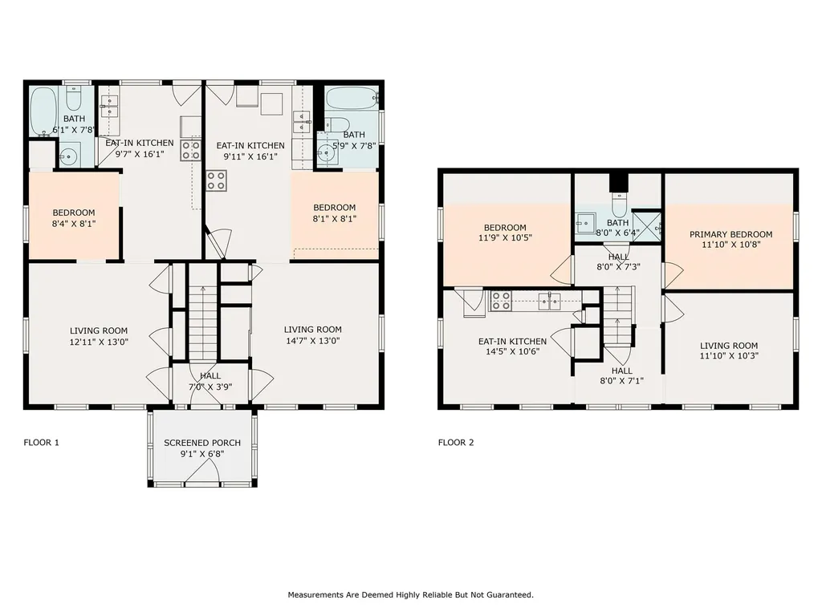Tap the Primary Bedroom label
pyautogui.click(x=730, y=234)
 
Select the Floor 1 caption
pyautogui.click(x=42, y=442)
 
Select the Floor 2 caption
pyautogui.click(x=456, y=442)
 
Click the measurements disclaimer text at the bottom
pyautogui.click(x=410, y=594)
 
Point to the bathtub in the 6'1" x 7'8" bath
pyautogui.click(x=43, y=111)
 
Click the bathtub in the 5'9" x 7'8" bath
pyautogui.click(x=352, y=99)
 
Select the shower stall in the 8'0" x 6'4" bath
pyautogui.click(x=646, y=225)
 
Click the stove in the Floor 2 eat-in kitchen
pyautogui.click(x=501, y=302)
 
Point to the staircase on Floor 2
pyautogui.click(x=619, y=316)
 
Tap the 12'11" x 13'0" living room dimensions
pyautogui.click(x=99, y=342)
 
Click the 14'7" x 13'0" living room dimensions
pyautogui.click(x=313, y=340)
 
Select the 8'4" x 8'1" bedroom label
pyautogui.click(x=74, y=218)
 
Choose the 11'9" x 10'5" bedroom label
pyautogui.click(x=506, y=233)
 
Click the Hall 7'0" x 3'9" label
pyautogui.click(x=210, y=381)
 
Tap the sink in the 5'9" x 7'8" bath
pyautogui.click(x=328, y=152)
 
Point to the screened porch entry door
pyautogui.click(x=202, y=473)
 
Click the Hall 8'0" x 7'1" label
pyautogui.click(x=622, y=375)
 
